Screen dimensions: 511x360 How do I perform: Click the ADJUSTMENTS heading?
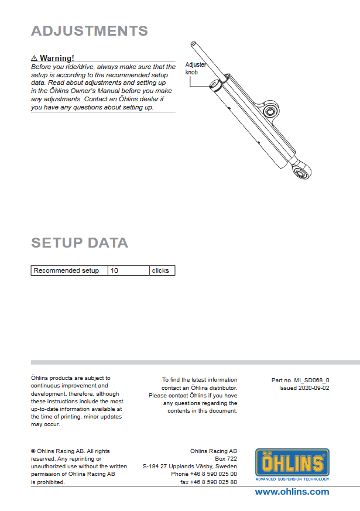[90, 31]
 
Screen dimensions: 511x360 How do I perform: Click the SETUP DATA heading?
[80, 243]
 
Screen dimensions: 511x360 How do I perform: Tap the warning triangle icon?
[34, 59]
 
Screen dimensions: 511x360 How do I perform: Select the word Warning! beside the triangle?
[57, 59]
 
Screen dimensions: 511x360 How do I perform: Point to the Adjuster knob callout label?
[196, 68]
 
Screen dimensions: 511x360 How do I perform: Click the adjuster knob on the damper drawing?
[217, 86]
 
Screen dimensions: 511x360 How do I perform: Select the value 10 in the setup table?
[114, 270]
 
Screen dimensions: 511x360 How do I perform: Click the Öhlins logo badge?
[292, 463]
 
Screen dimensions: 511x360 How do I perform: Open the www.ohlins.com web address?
[292, 492]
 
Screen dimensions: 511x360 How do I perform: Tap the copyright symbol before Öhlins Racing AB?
[33, 451]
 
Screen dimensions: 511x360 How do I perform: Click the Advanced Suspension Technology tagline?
[292, 479]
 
